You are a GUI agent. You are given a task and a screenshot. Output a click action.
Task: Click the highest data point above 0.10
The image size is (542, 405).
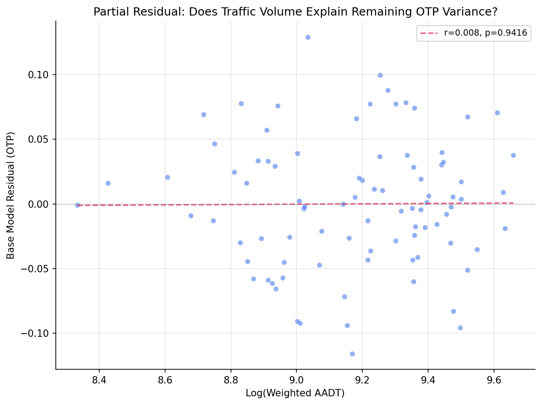coord(308,37)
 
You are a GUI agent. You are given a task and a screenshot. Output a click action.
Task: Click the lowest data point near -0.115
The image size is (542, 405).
coord(352,354)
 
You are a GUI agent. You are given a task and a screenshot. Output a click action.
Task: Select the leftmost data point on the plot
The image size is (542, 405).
coord(77,205)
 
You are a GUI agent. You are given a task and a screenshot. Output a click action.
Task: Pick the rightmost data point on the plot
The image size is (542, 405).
coord(513,155)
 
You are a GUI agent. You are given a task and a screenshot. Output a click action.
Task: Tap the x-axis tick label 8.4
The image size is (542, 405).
coord(99,379)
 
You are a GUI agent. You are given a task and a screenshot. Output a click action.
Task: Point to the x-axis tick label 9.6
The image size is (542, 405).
coord(494,379)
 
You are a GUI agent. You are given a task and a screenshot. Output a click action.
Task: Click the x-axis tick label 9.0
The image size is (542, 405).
coord(296,379)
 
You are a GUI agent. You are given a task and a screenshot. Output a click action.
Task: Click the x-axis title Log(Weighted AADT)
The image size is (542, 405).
coord(295,393)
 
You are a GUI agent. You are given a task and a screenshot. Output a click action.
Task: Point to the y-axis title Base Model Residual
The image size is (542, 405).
coord(11,195)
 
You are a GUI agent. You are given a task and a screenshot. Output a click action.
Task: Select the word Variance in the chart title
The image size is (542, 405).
coord(447,12)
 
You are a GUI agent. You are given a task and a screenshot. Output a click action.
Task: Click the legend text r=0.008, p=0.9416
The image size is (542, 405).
coord(485,33)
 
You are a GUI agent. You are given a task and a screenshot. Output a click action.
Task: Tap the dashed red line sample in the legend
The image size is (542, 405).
coord(429,33)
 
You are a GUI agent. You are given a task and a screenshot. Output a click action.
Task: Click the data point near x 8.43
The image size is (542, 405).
coord(108,183)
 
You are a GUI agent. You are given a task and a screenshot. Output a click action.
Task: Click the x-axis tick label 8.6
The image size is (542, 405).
coord(165,379)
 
